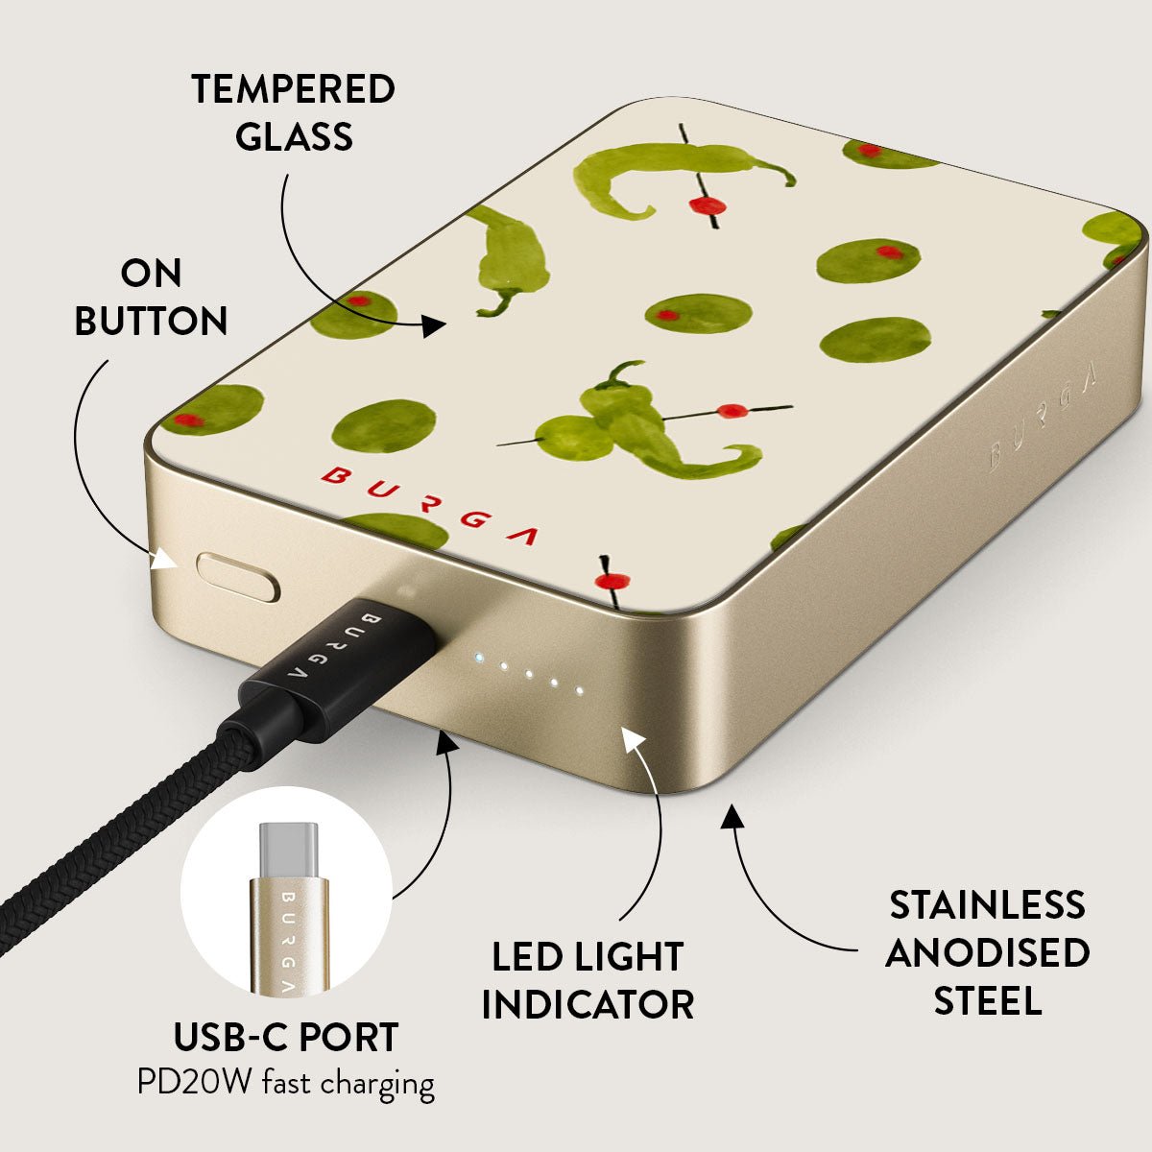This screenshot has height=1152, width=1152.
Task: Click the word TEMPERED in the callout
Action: tap(293, 88)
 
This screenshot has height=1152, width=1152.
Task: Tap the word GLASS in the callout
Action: tap(294, 136)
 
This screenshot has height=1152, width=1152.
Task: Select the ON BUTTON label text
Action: tap(151, 297)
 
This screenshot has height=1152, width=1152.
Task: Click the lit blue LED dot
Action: tap(478, 659)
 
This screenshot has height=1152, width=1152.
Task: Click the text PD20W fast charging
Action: tap(286, 1083)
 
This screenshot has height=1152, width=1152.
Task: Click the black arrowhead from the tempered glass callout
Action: tap(433, 325)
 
